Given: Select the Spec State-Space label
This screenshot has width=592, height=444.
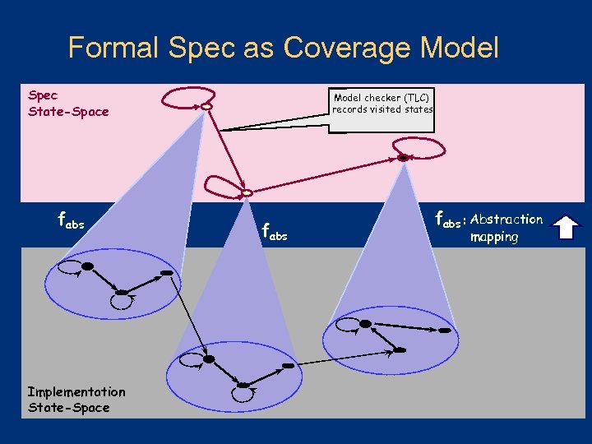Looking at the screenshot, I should (67, 103).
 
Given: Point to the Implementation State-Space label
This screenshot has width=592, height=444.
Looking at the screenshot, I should (76, 400).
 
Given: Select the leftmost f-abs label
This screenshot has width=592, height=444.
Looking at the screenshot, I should (71, 221).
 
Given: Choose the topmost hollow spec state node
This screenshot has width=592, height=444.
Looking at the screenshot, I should (206, 106).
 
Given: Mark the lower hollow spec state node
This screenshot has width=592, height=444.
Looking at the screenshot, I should (247, 192).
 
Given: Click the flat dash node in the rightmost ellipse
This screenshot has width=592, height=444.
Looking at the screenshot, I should (445, 331).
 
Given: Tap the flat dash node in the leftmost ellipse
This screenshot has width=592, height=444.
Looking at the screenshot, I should (166, 272).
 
